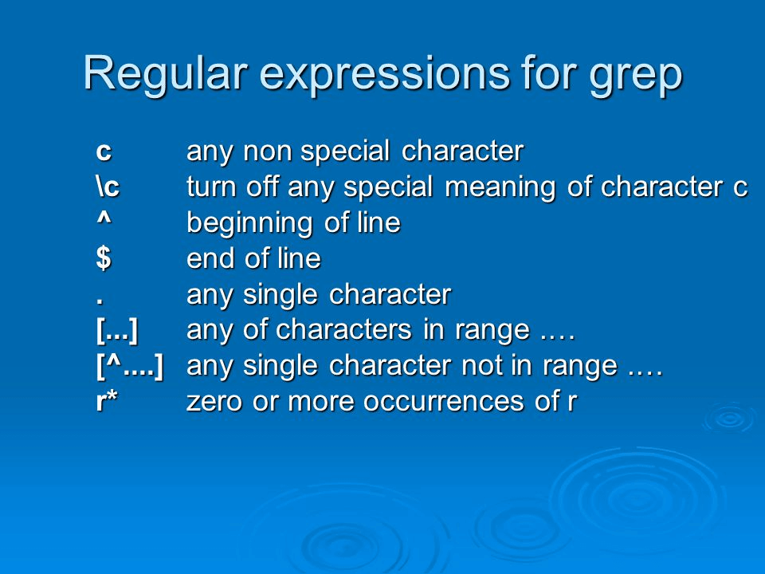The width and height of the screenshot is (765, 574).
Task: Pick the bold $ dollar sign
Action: (x=102, y=258)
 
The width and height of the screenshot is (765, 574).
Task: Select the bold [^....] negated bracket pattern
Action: (x=130, y=366)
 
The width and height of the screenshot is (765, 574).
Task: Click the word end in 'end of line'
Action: (x=208, y=258)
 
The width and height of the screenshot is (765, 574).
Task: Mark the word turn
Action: (x=213, y=187)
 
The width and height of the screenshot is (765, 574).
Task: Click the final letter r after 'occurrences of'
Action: (x=571, y=403)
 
